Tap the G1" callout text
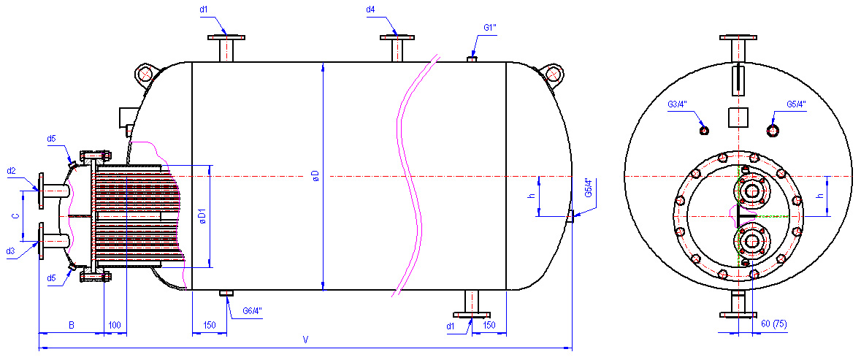[x=490, y=28]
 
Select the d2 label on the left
[x=11, y=171]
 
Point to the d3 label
[x=11, y=250]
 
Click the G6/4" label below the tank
[x=252, y=311]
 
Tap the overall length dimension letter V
[x=305, y=340]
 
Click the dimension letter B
[x=72, y=326]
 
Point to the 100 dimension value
[x=115, y=326]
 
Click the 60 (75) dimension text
[x=773, y=324]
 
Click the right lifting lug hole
[x=552, y=73]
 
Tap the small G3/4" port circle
[x=705, y=130]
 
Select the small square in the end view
[x=738, y=118]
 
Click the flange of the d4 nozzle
[x=397, y=37]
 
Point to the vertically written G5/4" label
[x=587, y=188]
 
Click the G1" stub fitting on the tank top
[x=471, y=58]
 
